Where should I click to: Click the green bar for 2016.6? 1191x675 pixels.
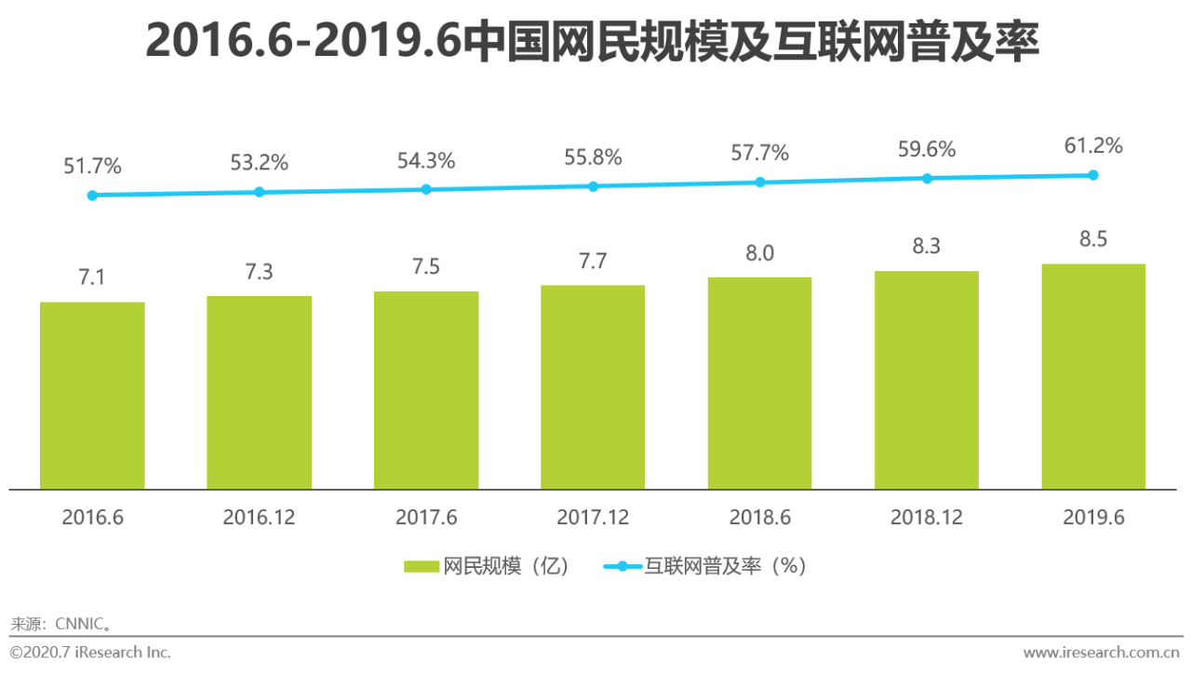click(92, 396)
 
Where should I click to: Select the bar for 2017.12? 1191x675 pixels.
click(593, 387)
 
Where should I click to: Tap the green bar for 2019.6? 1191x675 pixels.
click(1093, 377)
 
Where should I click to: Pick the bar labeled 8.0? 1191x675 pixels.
click(759, 384)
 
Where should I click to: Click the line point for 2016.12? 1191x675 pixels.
click(260, 192)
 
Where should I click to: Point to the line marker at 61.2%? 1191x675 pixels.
click(1093, 175)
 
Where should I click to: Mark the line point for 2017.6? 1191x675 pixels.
click(426, 189)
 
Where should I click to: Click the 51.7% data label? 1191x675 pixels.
click(92, 167)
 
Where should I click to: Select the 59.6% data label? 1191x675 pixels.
click(927, 150)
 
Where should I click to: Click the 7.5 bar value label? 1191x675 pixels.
click(426, 267)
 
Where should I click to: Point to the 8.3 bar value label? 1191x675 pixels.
click(927, 247)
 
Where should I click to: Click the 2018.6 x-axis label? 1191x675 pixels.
click(759, 518)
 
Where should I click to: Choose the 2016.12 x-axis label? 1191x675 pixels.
click(259, 518)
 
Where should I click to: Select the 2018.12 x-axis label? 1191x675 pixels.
click(927, 518)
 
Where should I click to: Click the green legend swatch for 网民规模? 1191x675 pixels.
click(422, 566)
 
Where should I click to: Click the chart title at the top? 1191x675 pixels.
click(592, 42)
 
